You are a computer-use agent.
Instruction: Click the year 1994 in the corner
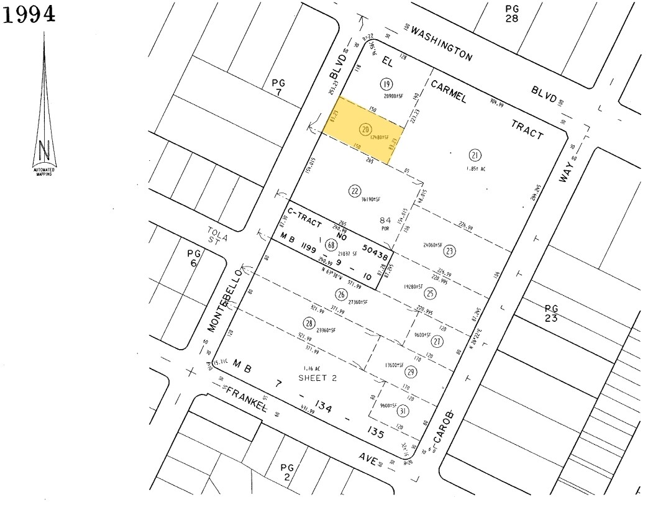[30, 14]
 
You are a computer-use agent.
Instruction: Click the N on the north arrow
[44, 151]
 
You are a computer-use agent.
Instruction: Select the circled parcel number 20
[365, 130]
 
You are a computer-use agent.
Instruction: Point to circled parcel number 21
[476, 155]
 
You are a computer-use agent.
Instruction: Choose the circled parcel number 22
[355, 191]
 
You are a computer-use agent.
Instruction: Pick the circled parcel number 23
[449, 251]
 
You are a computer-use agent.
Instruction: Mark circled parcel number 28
[309, 322]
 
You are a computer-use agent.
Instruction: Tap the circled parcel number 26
[340, 294]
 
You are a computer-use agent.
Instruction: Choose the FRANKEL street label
[247, 400]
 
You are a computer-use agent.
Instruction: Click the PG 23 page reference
[551, 313]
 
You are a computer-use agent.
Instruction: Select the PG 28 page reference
[511, 13]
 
